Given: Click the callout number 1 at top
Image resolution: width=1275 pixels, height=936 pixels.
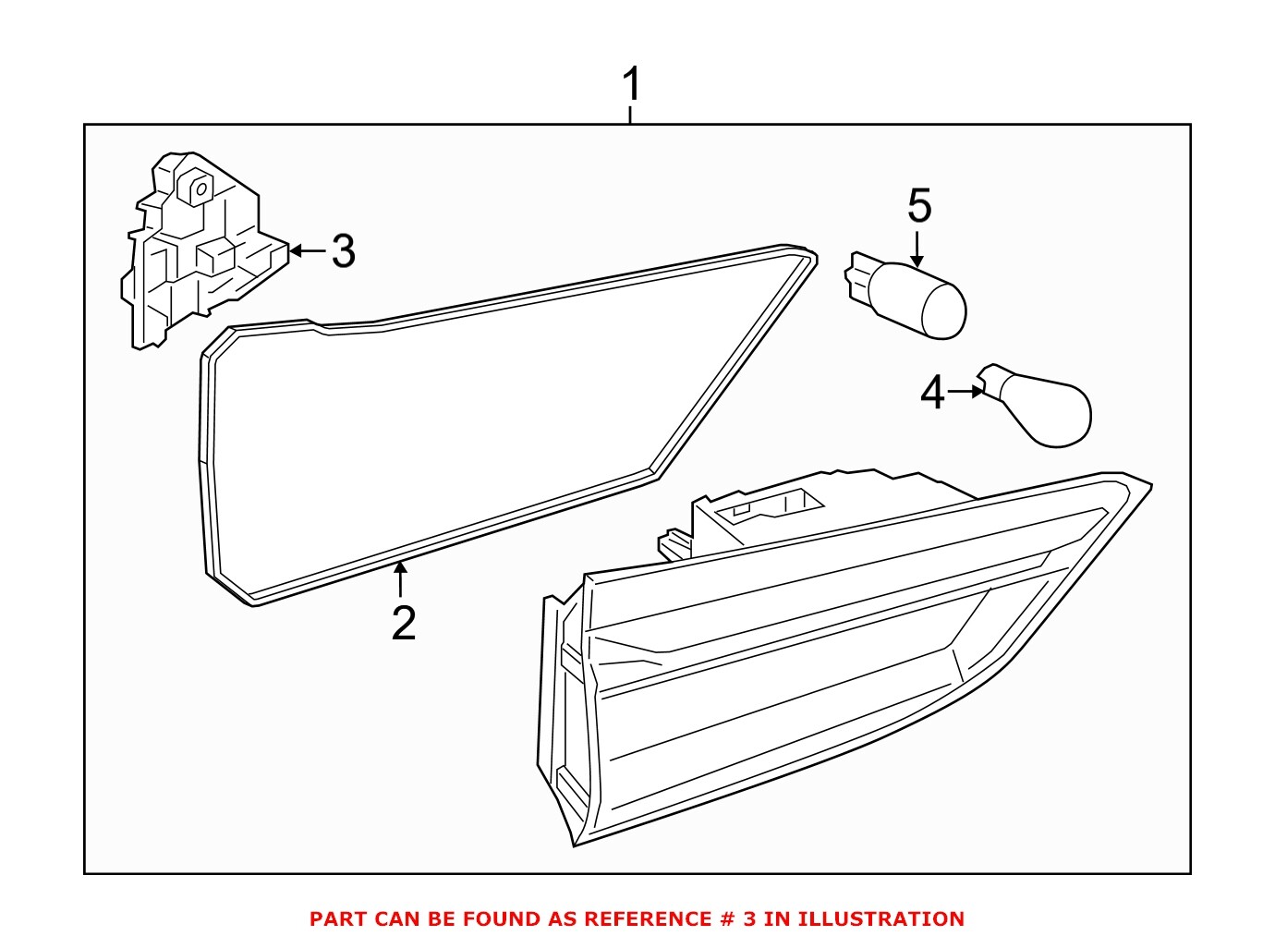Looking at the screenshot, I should coord(631,85).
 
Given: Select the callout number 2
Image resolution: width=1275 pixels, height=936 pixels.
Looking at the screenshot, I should coord(404,624).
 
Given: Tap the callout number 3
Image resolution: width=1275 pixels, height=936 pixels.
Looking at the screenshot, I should coord(343,251).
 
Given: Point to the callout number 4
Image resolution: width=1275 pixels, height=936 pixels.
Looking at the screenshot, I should coord(932,393).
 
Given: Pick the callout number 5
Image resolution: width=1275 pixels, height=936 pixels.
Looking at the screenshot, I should coord(918,205).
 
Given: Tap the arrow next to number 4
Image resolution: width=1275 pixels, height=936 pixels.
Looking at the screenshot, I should coord(966,392).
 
